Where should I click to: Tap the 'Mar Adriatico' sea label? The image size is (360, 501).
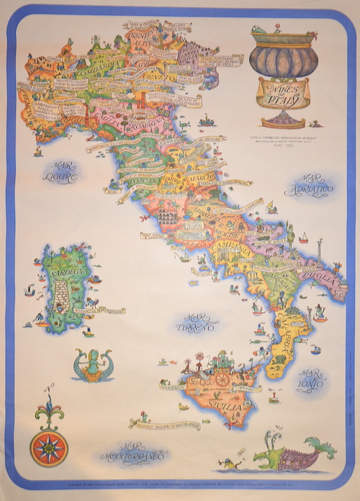316,185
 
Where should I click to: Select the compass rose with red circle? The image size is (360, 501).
48,446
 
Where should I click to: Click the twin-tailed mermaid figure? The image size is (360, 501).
93,364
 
